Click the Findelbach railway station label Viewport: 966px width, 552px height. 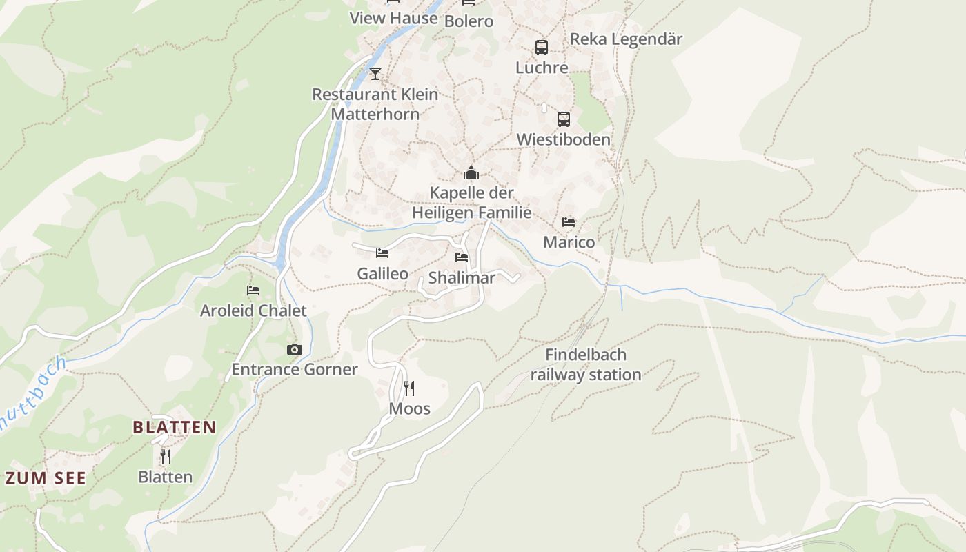(x=586, y=365)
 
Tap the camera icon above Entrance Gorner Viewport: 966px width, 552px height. (x=295, y=350)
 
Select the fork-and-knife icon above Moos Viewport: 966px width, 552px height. (x=409, y=388)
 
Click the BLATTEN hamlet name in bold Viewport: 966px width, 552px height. (x=175, y=427)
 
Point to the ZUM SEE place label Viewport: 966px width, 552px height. (x=46, y=478)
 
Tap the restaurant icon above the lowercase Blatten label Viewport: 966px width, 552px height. (x=165, y=457)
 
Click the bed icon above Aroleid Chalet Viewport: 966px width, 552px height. (x=253, y=290)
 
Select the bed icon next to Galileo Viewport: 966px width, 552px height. (x=382, y=253)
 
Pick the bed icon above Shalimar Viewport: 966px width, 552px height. (x=462, y=257)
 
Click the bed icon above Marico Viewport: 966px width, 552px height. (x=569, y=222)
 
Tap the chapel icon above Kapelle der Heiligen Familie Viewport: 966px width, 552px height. (x=471, y=172)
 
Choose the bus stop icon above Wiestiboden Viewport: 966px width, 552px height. (x=564, y=119)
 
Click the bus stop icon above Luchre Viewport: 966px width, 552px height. (x=542, y=48)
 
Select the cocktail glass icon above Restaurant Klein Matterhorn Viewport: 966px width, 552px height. (x=375, y=73)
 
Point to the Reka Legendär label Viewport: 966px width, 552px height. (x=626, y=39)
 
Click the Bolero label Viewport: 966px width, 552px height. (x=469, y=21)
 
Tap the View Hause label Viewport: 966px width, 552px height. (x=394, y=18)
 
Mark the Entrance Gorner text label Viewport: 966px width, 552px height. (x=295, y=370)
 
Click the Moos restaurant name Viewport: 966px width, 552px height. (x=409, y=408)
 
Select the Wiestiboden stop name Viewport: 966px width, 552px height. (x=564, y=139)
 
